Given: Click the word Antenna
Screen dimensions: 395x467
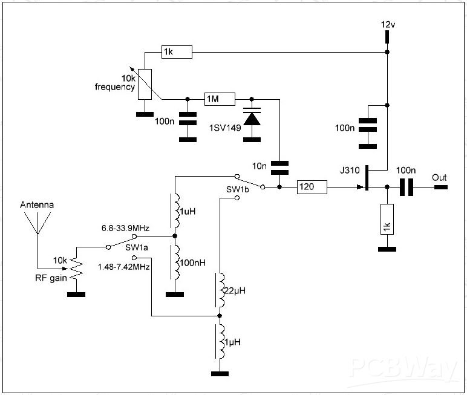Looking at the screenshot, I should coord(37,205).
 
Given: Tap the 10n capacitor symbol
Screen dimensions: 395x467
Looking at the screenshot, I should coord(279,165).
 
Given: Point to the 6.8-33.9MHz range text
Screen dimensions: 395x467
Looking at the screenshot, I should coord(125,228).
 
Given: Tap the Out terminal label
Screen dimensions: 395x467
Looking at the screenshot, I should coord(439,178).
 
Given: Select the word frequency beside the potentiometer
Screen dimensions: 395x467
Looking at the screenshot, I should coord(114,87).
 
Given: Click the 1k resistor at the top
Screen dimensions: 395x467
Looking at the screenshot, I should coord(177,53).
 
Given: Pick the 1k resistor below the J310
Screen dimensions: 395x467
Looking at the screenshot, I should coord(386,218).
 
